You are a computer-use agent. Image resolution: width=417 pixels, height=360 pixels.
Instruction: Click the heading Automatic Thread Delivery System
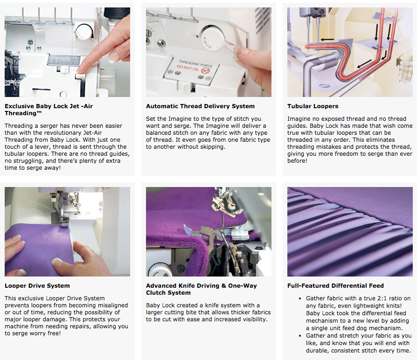tap(200, 106)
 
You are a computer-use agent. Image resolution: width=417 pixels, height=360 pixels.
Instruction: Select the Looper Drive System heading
tap(37, 285)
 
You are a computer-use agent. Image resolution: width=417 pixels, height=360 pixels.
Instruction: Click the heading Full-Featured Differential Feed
tap(335, 285)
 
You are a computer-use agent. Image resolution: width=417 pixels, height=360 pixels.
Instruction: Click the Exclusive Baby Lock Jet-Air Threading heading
tap(49, 110)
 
